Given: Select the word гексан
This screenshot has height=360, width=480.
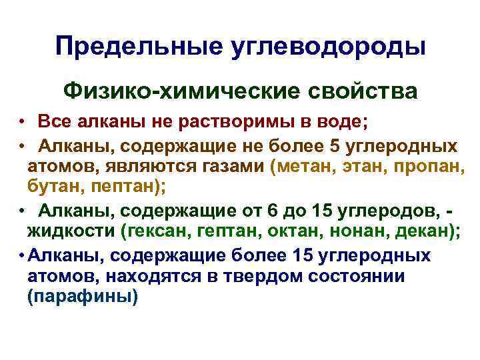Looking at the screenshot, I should (153, 232).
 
